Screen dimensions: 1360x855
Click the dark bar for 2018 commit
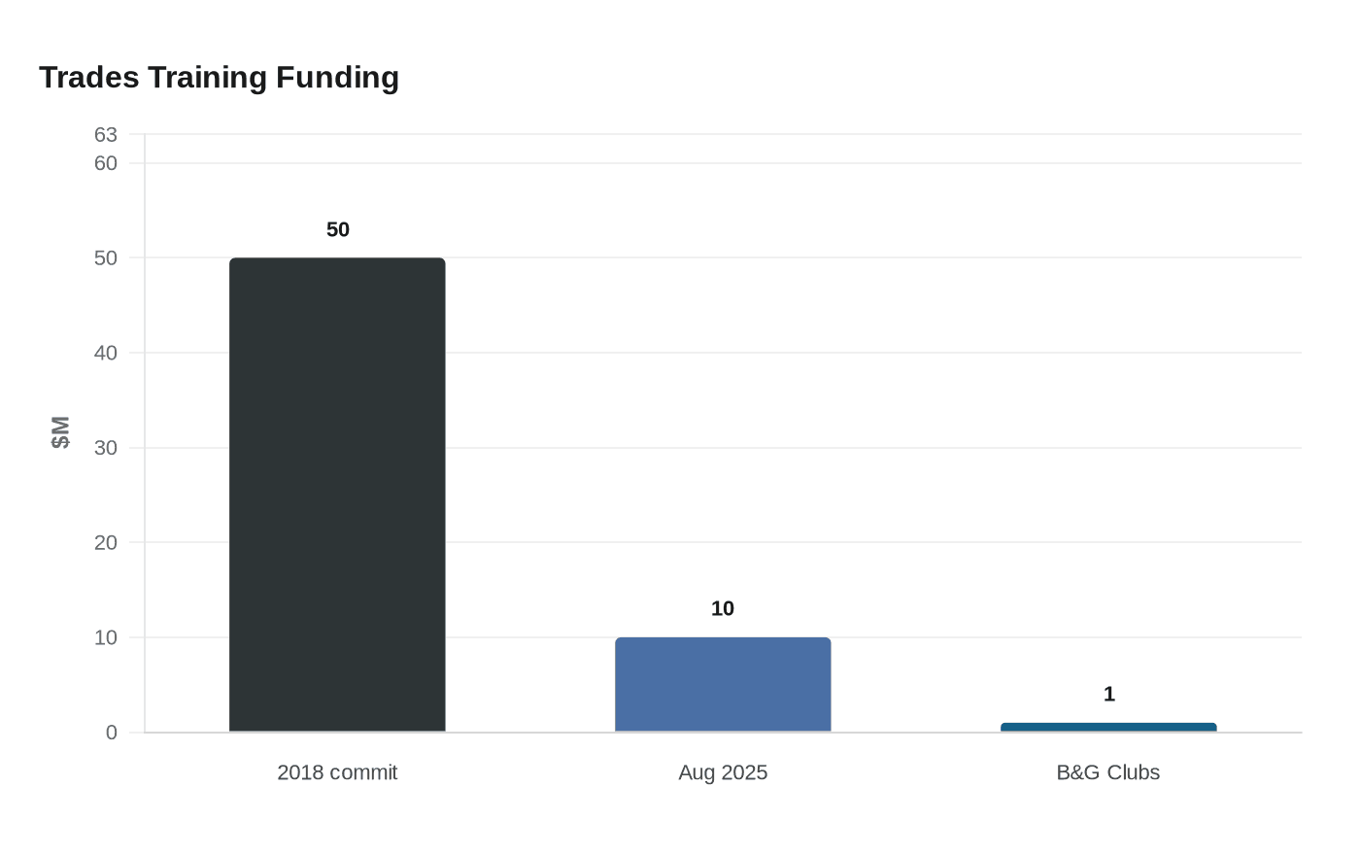coord(337,495)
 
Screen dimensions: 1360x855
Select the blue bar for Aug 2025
coord(723,685)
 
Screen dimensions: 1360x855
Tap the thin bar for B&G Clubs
coord(1108,728)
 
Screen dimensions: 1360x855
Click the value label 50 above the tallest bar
coord(338,229)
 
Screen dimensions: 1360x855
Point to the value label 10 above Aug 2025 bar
coord(723,608)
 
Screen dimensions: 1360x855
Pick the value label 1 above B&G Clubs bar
coord(1109,694)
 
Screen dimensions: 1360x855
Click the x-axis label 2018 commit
coord(337,772)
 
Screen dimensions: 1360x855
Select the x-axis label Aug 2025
coord(723,772)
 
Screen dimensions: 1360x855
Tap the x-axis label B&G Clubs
coord(1108,772)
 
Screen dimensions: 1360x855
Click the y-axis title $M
coord(60,432)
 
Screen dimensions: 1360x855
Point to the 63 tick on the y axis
coord(106,135)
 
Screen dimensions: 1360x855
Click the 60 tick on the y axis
coord(106,163)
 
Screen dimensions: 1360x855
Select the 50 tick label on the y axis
coord(106,258)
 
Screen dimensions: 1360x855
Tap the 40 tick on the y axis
coord(106,353)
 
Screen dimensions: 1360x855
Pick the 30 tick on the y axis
coord(106,448)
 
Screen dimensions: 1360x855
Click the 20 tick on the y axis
coord(106,543)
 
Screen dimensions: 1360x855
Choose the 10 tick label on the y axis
coord(106,637)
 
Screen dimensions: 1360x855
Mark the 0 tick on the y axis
coord(111,733)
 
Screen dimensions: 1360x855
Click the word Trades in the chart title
coord(89,78)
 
